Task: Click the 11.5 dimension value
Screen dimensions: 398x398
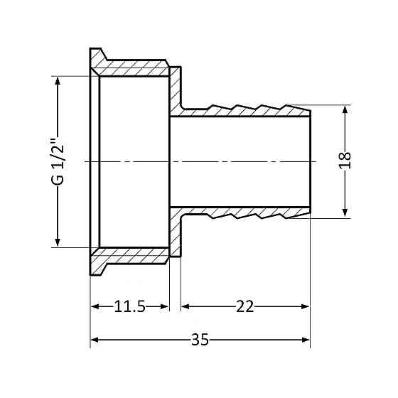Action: [129, 306]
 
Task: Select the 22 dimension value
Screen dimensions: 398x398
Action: [244, 306]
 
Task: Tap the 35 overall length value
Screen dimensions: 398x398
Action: [200, 340]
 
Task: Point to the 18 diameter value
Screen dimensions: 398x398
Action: [345, 160]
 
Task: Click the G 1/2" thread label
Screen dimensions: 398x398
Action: [58, 163]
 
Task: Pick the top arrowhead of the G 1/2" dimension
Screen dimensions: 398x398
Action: [58, 81]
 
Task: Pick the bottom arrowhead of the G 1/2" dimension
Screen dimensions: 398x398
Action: [58, 242]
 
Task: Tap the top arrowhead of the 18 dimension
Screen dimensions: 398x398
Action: [345, 110]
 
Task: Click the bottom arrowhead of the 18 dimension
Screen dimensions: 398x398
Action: [345, 213]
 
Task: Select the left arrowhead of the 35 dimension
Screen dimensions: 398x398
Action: [95, 340]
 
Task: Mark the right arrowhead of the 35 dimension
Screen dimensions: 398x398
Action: [306, 340]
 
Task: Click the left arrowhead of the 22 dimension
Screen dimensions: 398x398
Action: [185, 306]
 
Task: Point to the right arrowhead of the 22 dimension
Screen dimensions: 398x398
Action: [305, 306]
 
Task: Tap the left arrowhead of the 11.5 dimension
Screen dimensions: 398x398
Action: [95, 306]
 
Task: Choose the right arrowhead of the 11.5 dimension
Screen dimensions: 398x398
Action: [165, 306]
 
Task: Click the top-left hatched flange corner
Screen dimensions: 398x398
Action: [90, 48]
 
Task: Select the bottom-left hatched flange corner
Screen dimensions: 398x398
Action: [90, 275]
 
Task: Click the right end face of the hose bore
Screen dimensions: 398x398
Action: [310, 162]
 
